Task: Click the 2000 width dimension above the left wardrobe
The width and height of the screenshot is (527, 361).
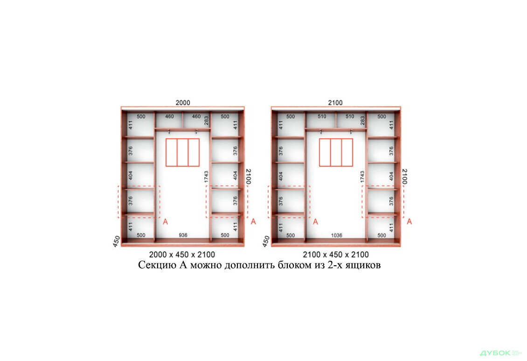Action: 183,103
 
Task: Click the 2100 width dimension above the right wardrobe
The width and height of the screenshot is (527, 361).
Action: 335,103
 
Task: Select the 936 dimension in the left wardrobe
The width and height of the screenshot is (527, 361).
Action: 183,235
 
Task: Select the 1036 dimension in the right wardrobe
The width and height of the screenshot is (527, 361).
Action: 336,235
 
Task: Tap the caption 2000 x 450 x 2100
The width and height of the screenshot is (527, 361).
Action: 182,255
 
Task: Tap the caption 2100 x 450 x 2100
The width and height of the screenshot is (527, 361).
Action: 335,255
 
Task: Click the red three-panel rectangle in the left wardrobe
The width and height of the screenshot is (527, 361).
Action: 182,152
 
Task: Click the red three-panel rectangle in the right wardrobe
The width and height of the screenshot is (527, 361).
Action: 336,152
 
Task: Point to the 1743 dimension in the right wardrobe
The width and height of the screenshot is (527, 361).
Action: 362,177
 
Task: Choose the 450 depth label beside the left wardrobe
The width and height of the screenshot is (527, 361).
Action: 117,241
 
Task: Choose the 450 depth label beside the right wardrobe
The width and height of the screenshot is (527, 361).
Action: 266,241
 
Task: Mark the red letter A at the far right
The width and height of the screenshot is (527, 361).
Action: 409,221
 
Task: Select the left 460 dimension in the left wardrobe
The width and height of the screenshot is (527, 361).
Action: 168,116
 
